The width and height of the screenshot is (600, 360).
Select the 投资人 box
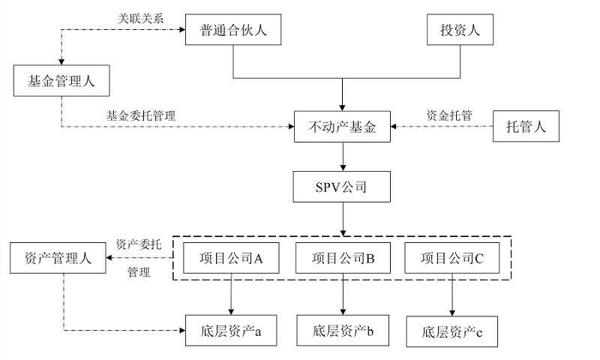[459, 31]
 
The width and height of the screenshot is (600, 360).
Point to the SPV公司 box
[343, 187]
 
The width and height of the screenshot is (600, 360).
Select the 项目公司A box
[231, 259]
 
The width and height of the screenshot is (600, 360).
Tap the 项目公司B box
[343, 259]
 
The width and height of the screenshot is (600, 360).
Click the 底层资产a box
[231, 329]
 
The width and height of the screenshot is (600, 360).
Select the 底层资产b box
[343, 329]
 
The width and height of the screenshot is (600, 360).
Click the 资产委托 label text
[138, 244]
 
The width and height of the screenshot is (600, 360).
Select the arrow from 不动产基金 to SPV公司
[343, 156]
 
